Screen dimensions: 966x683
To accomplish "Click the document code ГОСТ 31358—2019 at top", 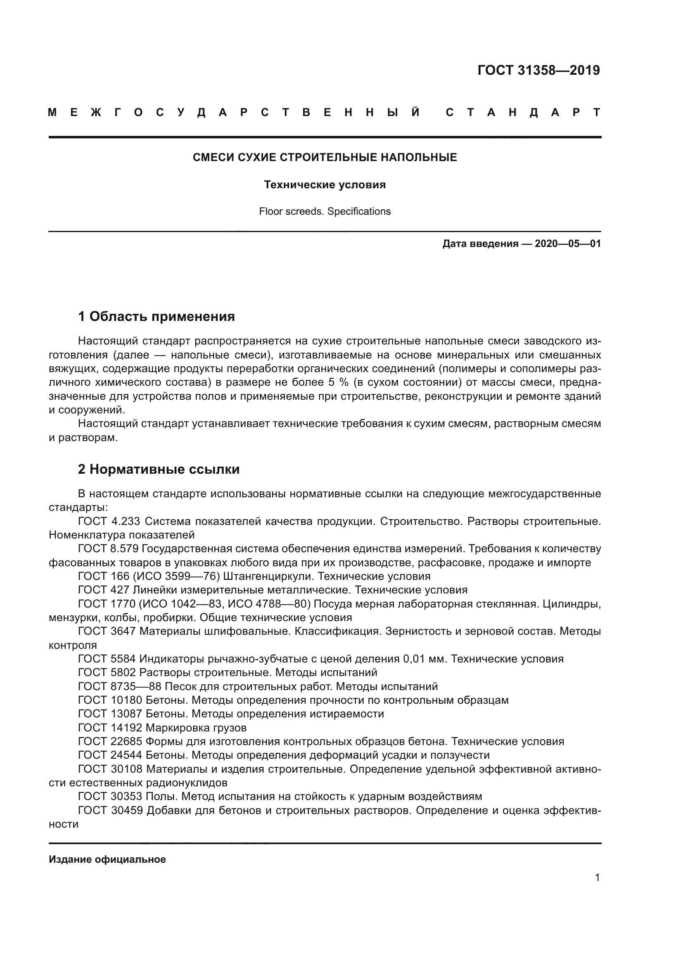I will coord(538,70).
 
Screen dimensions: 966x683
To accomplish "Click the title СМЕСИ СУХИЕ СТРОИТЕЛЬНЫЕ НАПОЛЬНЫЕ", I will coord(325,157).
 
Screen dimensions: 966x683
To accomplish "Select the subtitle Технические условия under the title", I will coord(325,185).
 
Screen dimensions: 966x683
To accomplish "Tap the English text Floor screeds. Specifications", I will coord(325,211).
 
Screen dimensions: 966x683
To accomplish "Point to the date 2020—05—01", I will coord(567,244).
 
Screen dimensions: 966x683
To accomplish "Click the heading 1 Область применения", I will coord(157,316).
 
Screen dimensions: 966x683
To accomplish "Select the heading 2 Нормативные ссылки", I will coord(159,469).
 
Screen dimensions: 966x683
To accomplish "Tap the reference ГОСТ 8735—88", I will coord(119,687).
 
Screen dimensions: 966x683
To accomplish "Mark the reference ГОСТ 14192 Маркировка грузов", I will coord(162,728).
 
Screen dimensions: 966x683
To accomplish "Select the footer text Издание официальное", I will coord(107,859).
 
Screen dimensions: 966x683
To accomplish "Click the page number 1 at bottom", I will coord(597,878).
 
